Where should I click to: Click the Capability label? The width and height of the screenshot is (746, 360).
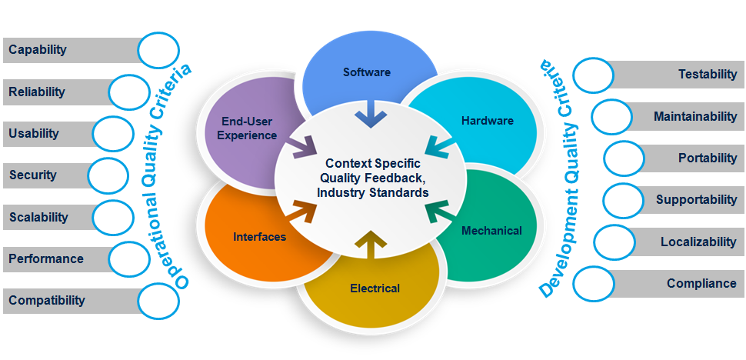38,50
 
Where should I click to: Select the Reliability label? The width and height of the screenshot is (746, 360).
37,92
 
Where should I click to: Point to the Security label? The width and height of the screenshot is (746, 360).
33,175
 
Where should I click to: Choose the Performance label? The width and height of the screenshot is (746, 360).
46,259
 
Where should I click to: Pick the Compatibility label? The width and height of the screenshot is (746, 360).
47,301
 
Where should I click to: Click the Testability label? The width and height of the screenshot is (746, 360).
708,75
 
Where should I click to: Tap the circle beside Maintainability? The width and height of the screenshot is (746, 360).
612,117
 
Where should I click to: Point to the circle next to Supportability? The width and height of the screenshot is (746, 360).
623,200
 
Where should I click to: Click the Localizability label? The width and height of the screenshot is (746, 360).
698,242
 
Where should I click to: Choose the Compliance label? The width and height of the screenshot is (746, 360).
701,283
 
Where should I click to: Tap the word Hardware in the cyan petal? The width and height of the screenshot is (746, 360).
487,121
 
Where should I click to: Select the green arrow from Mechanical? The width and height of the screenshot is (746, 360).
439,209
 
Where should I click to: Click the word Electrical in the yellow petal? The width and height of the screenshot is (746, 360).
375,288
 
